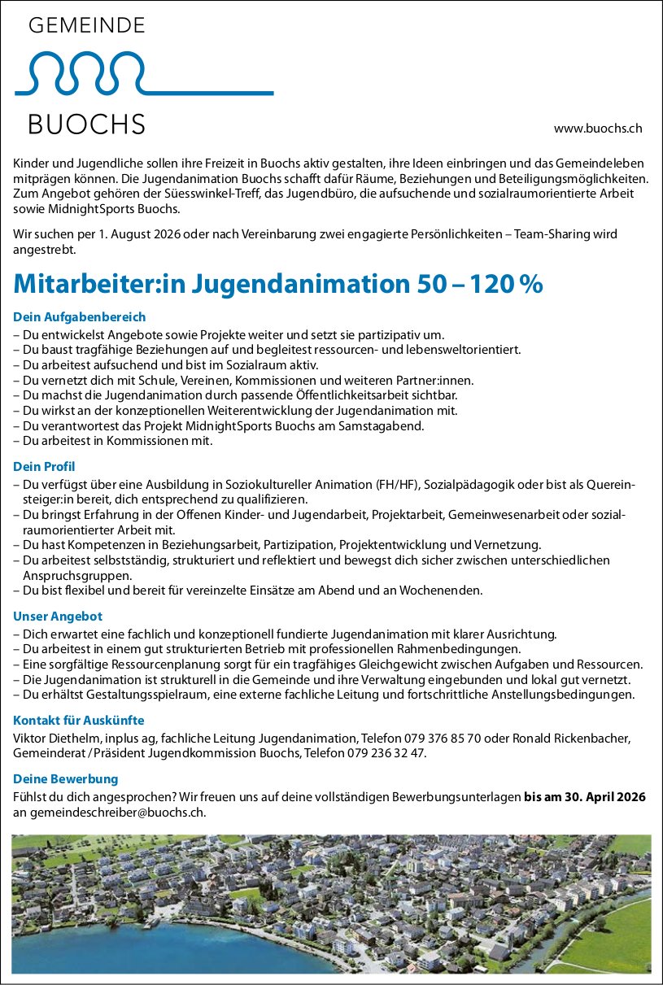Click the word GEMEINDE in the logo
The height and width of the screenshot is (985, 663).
click(x=87, y=26)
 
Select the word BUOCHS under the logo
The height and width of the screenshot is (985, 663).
click(x=87, y=124)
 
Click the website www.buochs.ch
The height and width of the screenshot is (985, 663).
click(x=598, y=129)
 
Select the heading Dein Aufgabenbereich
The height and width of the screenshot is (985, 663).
click(x=80, y=316)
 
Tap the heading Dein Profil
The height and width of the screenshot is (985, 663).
click(x=44, y=466)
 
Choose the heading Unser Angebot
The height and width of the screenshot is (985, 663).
click(x=58, y=617)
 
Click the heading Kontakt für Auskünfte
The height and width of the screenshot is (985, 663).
click(x=79, y=721)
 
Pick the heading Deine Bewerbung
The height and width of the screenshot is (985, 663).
click(x=66, y=779)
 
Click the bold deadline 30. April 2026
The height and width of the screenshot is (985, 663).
click(x=599, y=797)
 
